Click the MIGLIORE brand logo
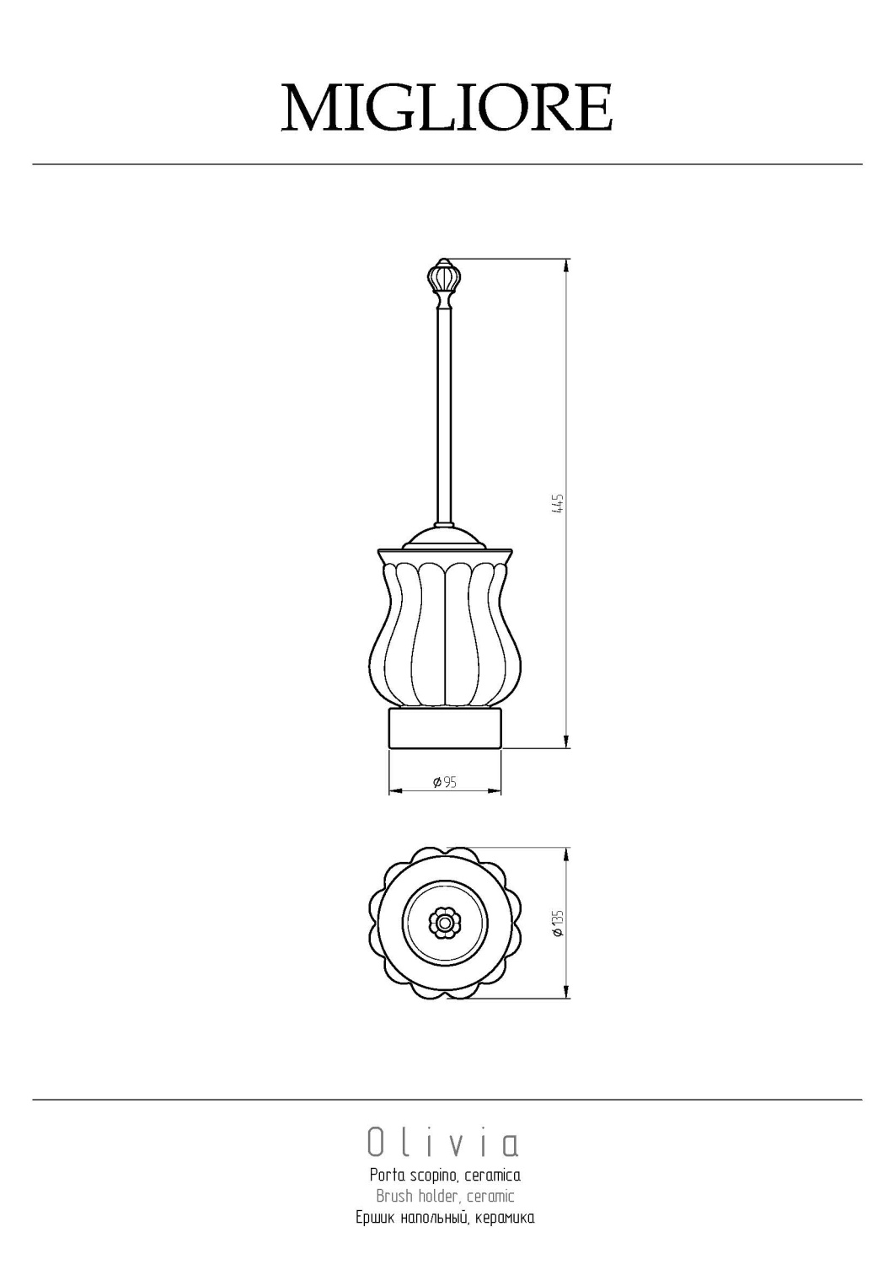click(x=447, y=107)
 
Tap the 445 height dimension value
click(x=559, y=503)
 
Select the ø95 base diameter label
click(x=445, y=782)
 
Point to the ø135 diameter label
click(x=558, y=924)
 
